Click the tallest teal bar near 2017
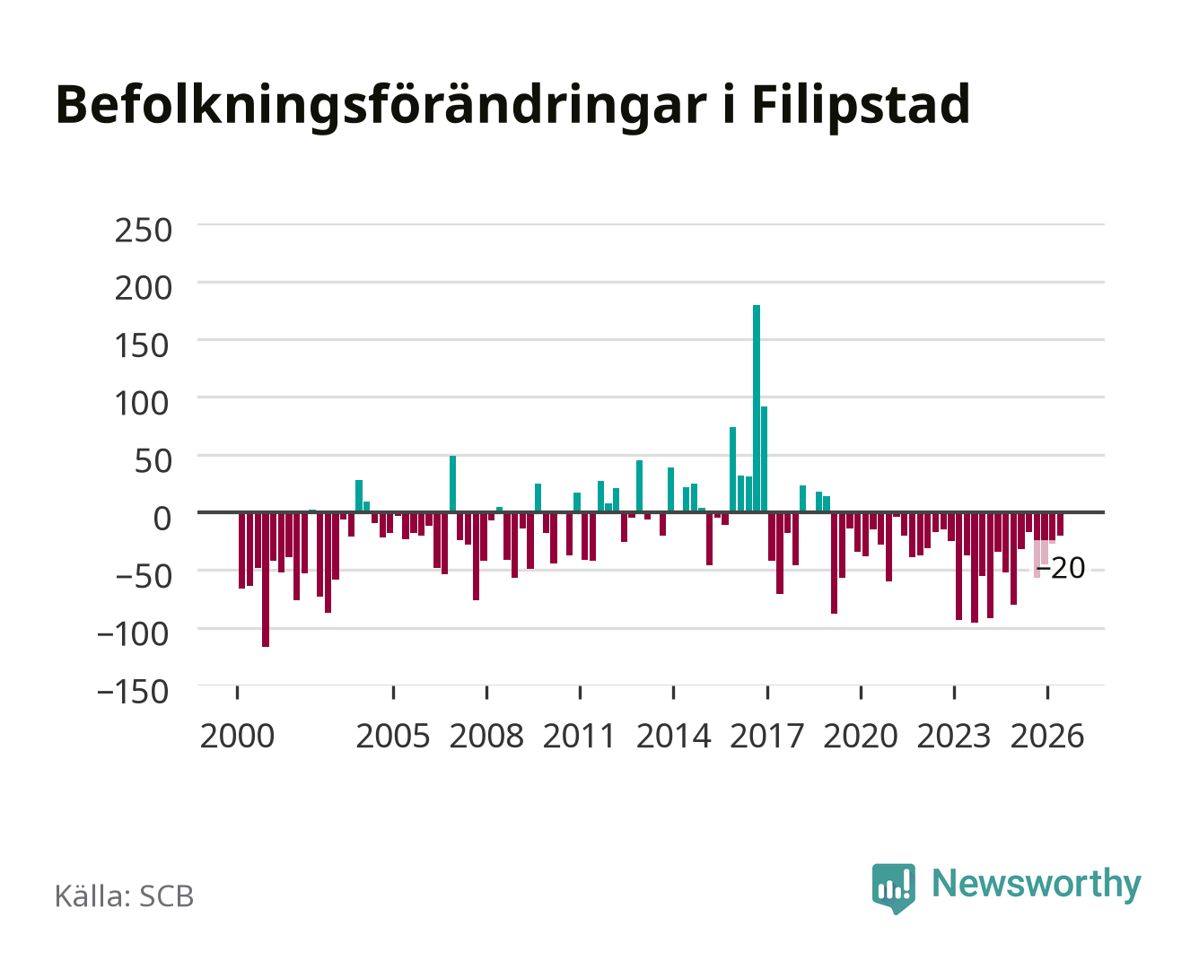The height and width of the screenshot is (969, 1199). tap(756, 408)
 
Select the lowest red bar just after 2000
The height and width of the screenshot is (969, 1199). tap(265, 580)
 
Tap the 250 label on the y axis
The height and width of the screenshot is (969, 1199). tap(143, 231)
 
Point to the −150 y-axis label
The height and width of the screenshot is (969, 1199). tap(133, 692)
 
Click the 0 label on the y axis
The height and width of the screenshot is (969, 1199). tap(162, 519)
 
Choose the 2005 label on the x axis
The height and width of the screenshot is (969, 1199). tap(393, 736)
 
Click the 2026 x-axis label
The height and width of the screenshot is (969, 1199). tap(1047, 736)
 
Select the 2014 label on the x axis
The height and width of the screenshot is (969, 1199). tap(673, 736)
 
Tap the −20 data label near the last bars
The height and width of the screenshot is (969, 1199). tap(1061, 568)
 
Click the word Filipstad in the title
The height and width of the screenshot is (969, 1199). tap(861, 105)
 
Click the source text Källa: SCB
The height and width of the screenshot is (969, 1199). tap(124, 896)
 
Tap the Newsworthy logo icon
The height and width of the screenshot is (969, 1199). tap(893, 888)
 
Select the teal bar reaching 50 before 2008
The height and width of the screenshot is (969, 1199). tap(452, 484)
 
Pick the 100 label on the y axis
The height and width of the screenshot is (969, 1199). tap(142, 404)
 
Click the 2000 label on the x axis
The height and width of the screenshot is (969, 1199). tap(237, 736)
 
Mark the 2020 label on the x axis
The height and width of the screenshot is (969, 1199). tap(860, 736)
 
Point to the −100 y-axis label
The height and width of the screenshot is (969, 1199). tap(133, 634)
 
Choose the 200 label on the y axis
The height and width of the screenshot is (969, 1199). tap(143, 288)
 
